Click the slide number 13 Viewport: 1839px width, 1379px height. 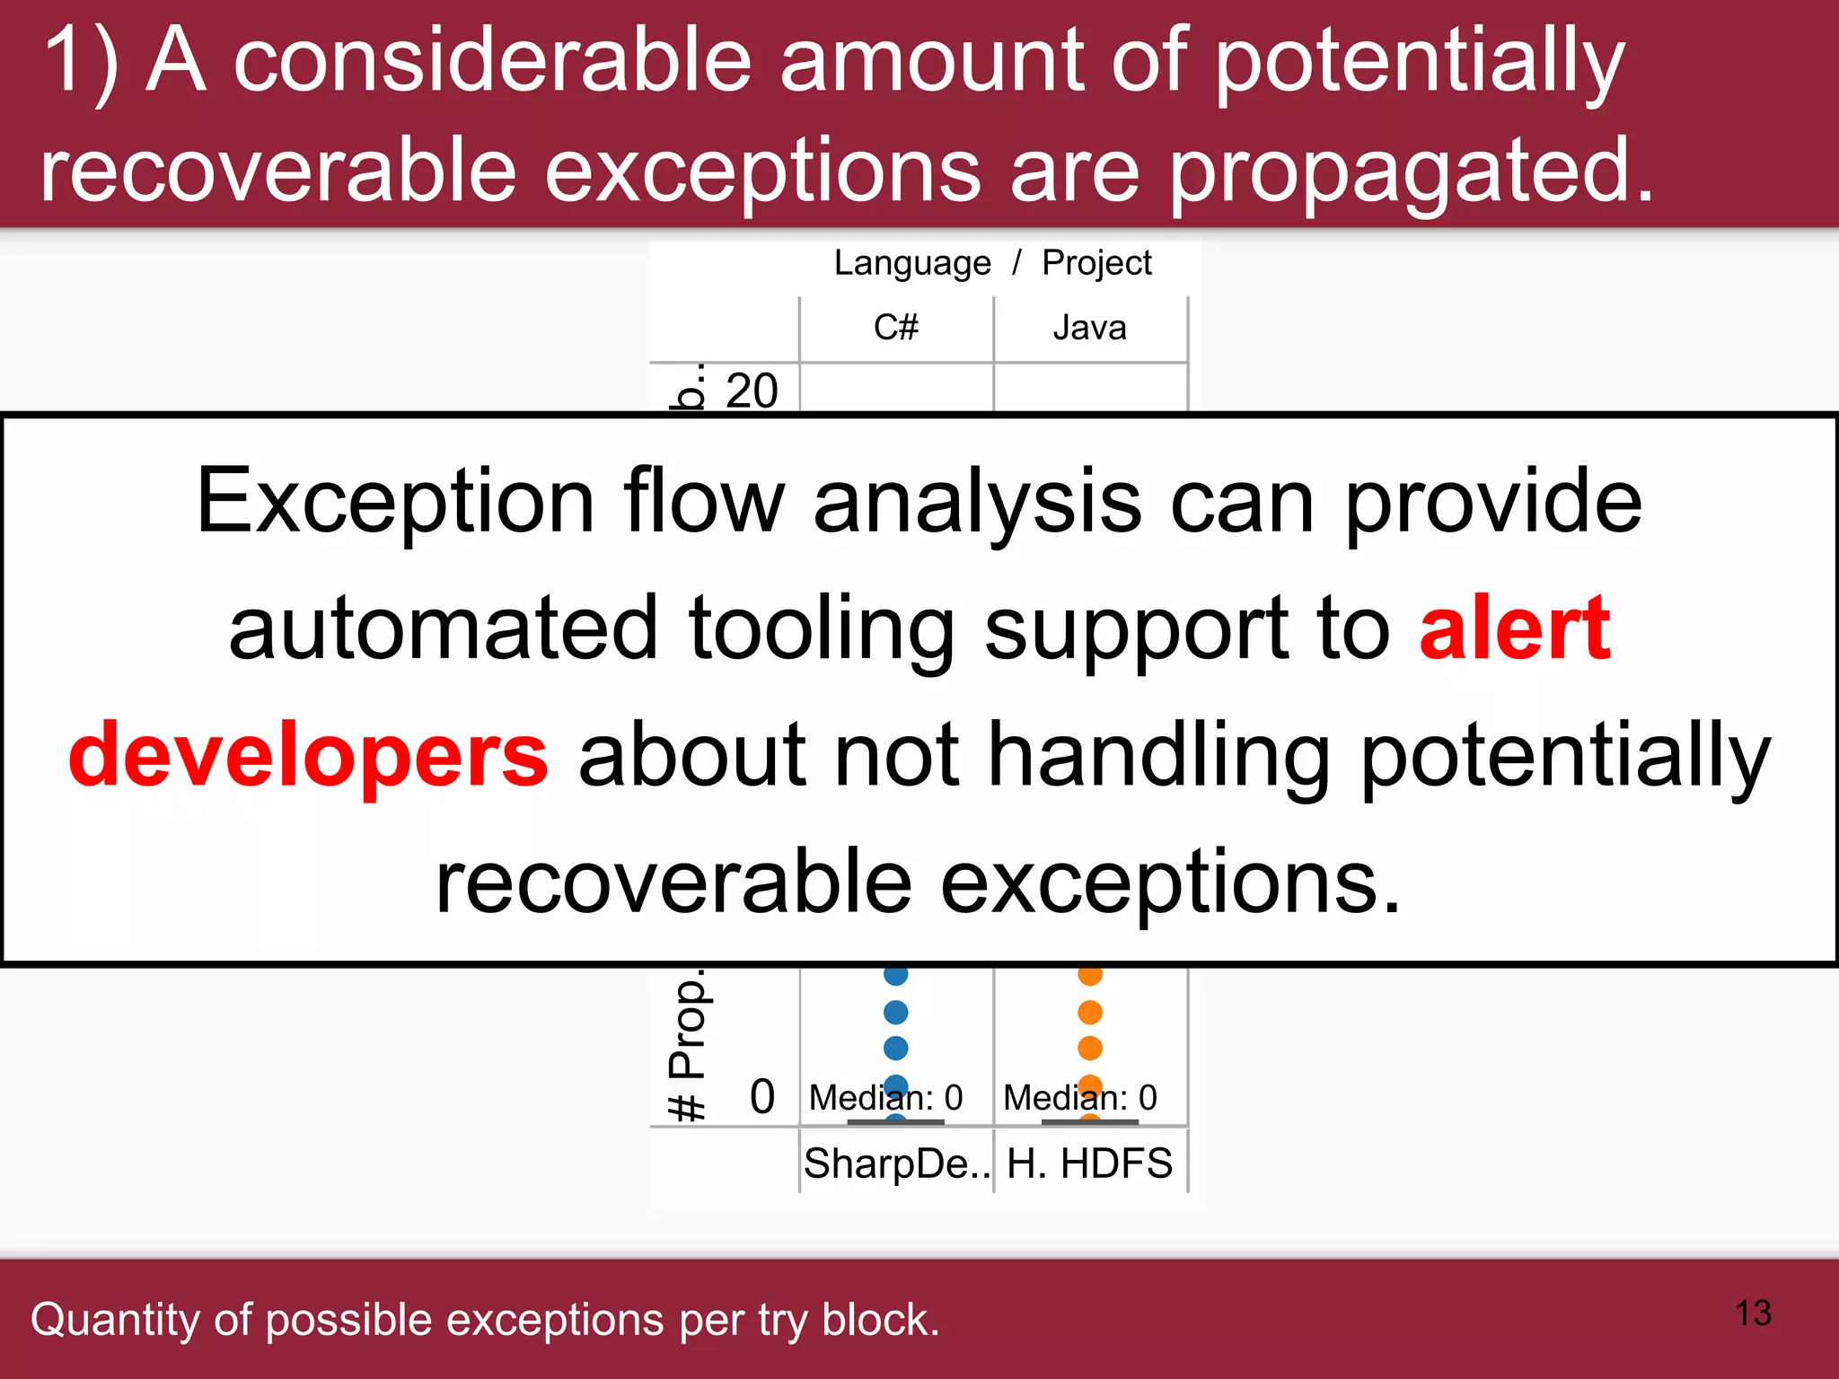point(1753,1313)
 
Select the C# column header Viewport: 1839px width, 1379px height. point(896,328)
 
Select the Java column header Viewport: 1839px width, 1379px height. point(1089,328)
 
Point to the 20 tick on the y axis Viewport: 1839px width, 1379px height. point(752,391)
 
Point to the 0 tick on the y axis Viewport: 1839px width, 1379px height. point(761,1096)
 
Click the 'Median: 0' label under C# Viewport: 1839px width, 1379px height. point(885,1097)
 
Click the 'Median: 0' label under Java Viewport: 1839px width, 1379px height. point(1079,1097)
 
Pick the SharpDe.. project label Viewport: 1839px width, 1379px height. point(896,1164)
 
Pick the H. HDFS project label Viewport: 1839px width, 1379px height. point(1089,1164)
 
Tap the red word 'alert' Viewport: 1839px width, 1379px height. point(1515,628)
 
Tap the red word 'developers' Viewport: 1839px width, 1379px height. point(308,755)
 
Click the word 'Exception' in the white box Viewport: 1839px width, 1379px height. point(395,501)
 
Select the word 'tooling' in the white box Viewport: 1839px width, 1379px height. point(822,628)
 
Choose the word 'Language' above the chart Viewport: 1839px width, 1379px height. point(912,263)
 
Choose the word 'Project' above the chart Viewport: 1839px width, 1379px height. point(1096,263)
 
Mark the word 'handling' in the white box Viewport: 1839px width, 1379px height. point(1158,755)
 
